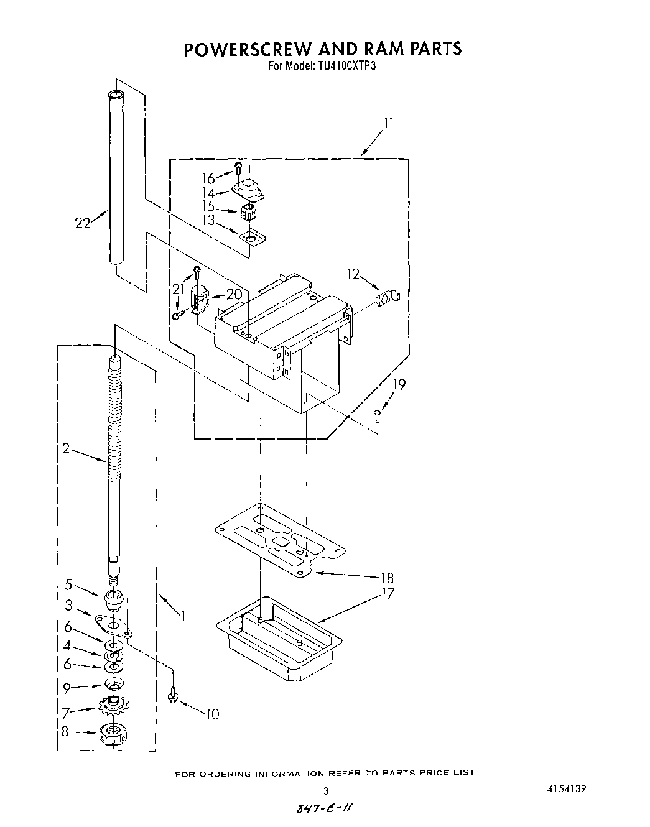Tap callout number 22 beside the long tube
(x=83, y=222)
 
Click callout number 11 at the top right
(x=389, y=124)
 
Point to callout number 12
(x=353, y=274)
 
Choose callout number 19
(x=399, y=384)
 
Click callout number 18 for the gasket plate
(x=386, y=578)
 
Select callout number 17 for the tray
(x=388, y=593)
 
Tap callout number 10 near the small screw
(x=213, y=714)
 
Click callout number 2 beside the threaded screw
(x=66, y=448)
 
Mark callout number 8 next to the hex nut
(x=65, y=731)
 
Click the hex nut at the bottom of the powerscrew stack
(x=111, y=736)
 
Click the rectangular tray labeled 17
(x=279, y=640)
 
